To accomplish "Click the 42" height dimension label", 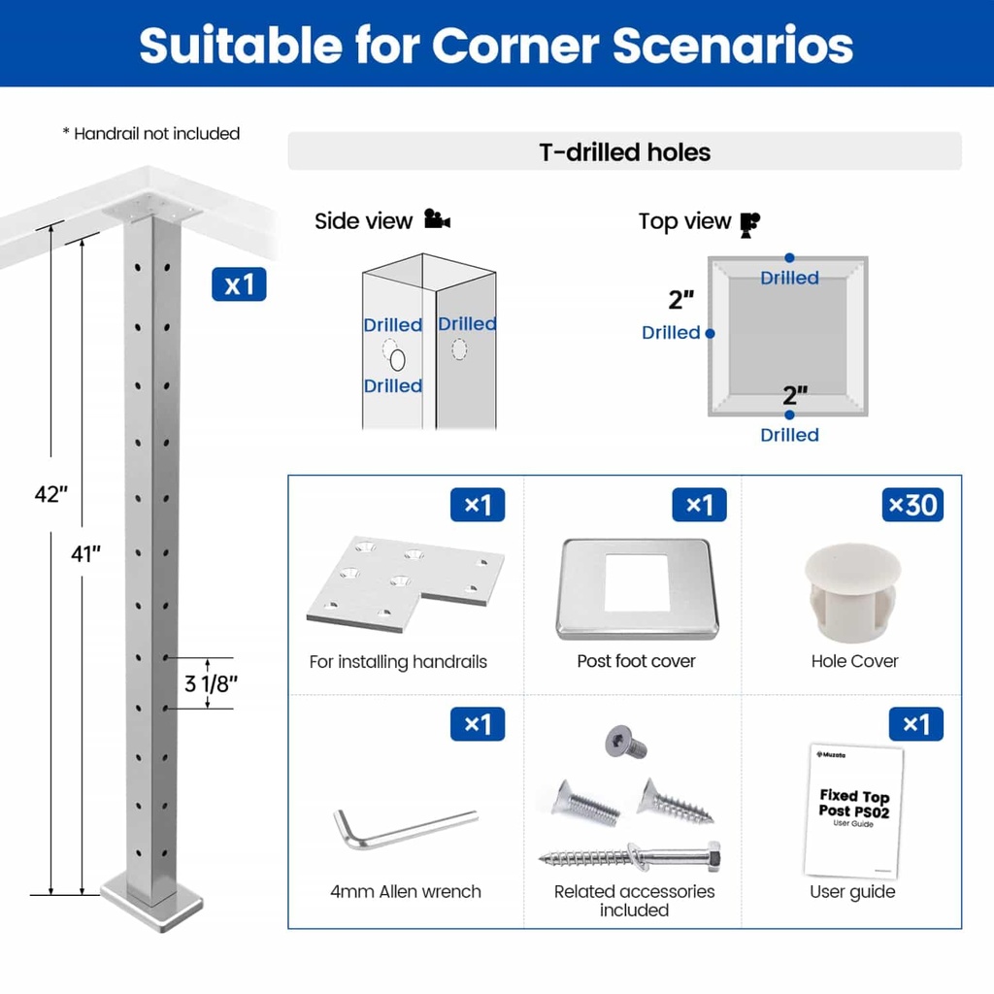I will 50,494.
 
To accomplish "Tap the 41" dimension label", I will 85,554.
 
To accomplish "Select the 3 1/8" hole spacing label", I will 211,682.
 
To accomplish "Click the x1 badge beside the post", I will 239,284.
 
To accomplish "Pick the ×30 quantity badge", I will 912,505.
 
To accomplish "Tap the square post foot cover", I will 638,588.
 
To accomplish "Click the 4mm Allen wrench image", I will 405,828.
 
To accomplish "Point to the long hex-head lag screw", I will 631,858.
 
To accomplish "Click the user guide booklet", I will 853,811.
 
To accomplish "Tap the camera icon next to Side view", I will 437,220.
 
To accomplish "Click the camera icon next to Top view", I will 749,223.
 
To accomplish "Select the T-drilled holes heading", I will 624,152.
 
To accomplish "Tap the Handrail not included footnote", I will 150,134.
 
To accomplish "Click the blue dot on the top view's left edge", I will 710,333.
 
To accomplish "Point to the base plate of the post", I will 152,903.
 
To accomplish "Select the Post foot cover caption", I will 636,661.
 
